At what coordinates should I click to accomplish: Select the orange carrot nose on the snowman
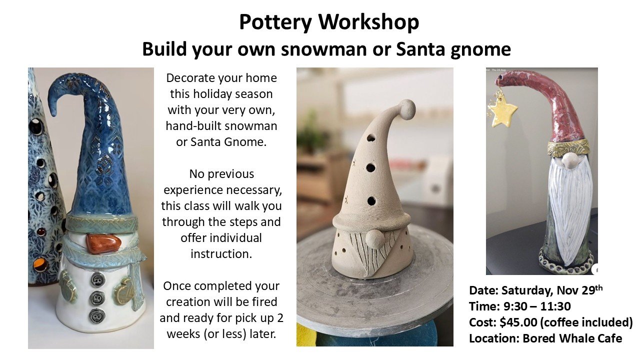pos(103,243)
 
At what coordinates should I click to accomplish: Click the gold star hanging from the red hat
pos(502,110)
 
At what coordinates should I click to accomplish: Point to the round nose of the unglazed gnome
pos(374,239)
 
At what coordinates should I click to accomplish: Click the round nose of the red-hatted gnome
pos(569,161)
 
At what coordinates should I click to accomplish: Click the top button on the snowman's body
pos(97,279)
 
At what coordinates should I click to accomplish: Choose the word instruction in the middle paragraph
pos(221,253)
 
